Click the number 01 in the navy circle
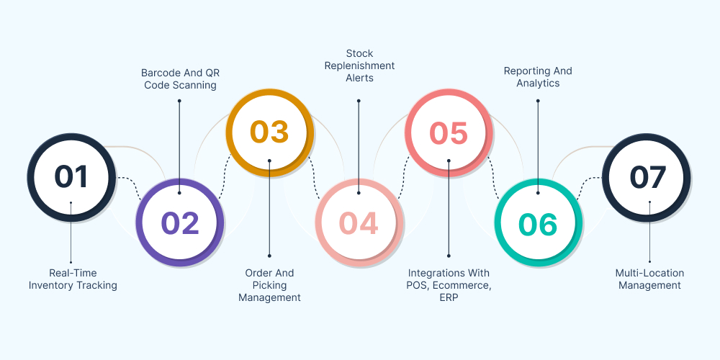tap(71, 177)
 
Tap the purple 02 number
tap(179, 223)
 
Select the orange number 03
tap(269, 132)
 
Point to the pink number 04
tap(359, 223)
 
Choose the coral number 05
tap(449, 132)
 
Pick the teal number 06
tap(538, 225)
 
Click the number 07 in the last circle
tap(648, 177)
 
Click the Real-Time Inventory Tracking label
tap(73, 279)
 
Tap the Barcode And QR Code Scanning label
tap(179, 78)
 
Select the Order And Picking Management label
tap(269, 285)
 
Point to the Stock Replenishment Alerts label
tap(359, 66)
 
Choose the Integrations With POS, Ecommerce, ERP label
tap(449, 285)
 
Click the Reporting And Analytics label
tap(538, 77)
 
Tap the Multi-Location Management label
tap(649, 279)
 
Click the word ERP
tap(449, 297)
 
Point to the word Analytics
tap(538, 84)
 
